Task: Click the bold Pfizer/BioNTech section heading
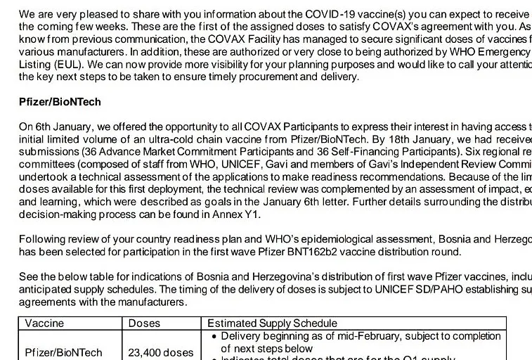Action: (x=60, y=102)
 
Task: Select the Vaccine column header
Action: (x=44, y=323)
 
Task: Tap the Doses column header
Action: (x=144, y=323)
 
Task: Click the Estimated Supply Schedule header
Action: (x=272, y=323)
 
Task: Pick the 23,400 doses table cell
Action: (x=160, y=352)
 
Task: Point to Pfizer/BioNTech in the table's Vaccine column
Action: (x=63, y=352)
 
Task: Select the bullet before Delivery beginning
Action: (x=214, y=336)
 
